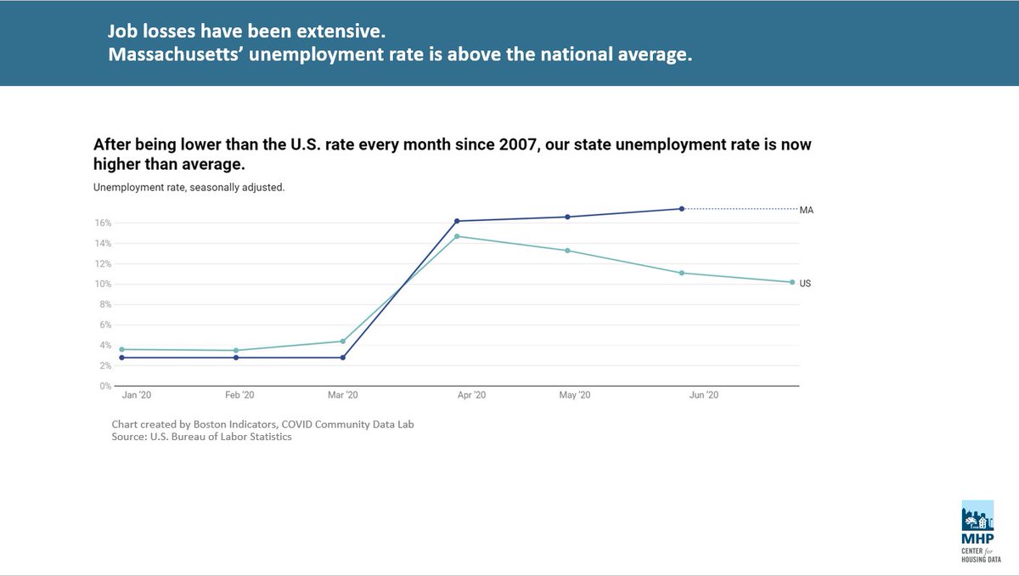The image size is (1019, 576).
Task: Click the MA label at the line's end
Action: (807, 210)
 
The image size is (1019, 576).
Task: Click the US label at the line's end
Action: (805, 283)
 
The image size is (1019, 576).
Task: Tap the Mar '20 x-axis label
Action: (342, 396)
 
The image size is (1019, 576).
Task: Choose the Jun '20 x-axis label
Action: (702, 396)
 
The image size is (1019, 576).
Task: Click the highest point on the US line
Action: (457, 236)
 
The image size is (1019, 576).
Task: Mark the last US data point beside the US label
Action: (792, 282)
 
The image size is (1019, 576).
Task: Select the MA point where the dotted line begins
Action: (682, 208)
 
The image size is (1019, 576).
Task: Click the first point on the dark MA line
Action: (122, 358)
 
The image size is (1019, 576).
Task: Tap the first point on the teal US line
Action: (122, 349)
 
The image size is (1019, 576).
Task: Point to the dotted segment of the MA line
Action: (739, 208)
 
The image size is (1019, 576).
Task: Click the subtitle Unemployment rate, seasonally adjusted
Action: (189, 187)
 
